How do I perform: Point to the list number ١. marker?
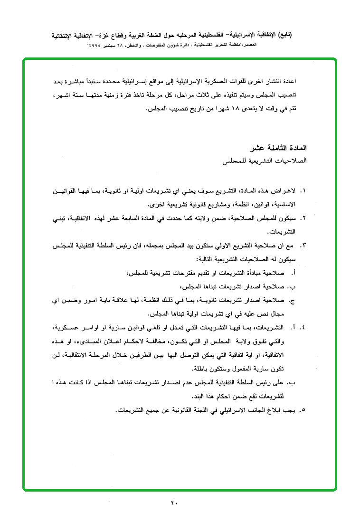(303, 191)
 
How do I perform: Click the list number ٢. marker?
(303, 218)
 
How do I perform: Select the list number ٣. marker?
(303, 246)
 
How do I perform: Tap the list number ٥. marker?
(303, 409)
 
